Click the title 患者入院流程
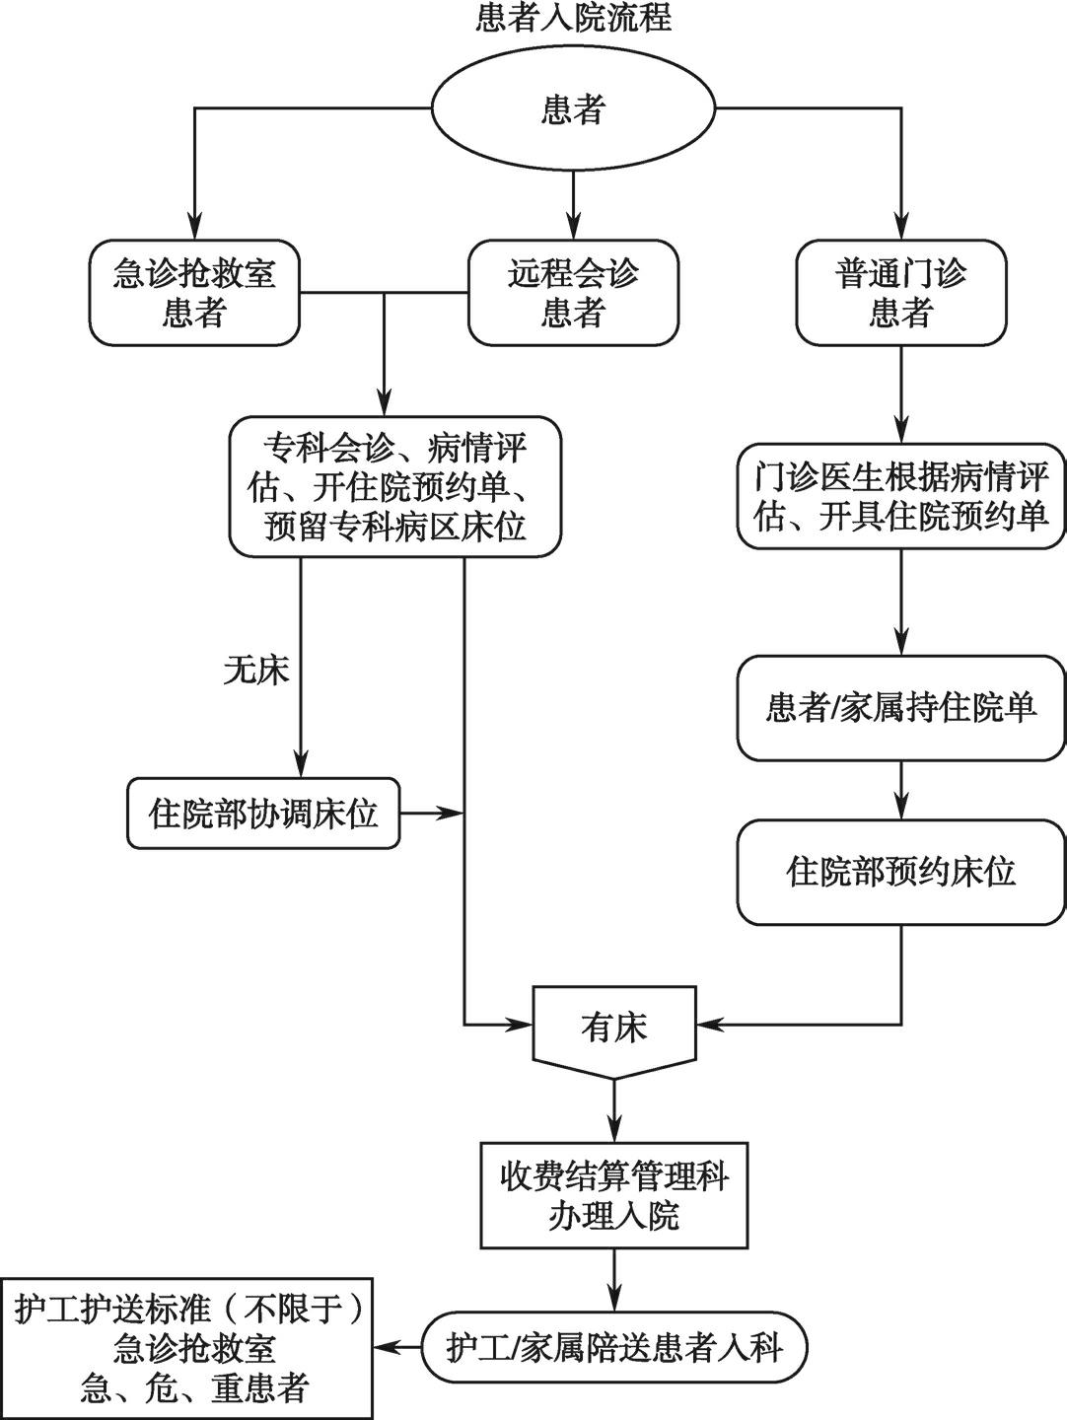tap(573, 18)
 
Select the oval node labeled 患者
tap(573, 108)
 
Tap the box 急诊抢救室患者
tap(194, 293)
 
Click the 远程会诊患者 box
tap(573, 293)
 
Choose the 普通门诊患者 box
tap(900, 293)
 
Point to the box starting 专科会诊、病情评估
tap(394, 486)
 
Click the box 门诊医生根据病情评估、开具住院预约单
tap(900, 496)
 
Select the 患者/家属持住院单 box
tap(900, 707)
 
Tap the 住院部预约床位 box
tap(900, 871)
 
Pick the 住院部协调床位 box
tap(263, 814)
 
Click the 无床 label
tap(256, 671)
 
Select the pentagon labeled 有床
tap(614, 1029)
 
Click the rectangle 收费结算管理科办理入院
tap(614, 1195)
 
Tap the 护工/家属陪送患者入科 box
tap(614, 1347)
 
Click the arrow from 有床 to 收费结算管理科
tap(614, 1110)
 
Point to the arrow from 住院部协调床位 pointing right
tap(432, 814)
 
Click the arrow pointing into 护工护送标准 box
tap(397, 1347)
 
